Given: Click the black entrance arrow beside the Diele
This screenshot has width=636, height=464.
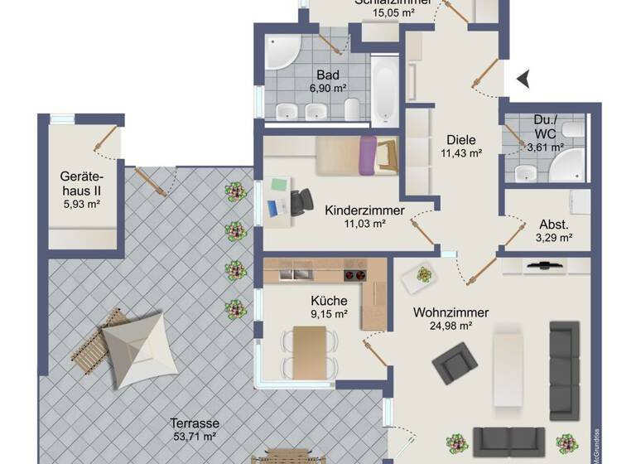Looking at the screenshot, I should point(523,79).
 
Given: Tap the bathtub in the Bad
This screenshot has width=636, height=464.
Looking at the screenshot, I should point(383,89).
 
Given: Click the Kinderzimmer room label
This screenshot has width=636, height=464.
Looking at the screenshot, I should point(364,210).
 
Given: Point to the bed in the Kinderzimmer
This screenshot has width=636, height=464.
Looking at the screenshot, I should point(356,155).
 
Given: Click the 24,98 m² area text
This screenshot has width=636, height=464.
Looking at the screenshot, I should point(450,326).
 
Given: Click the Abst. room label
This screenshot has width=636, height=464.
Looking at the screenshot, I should point(552,224).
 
